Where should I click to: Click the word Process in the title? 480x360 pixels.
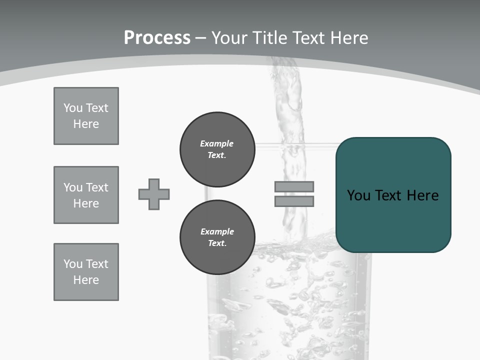pos(157,38)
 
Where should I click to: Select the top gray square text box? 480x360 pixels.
pos(86,116)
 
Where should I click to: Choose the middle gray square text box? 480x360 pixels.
pos(86,195)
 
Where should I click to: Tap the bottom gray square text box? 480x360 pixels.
pos(86,272)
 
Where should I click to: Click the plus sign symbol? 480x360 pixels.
pos(154,194)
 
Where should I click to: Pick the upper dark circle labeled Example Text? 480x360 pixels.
pos(217,149)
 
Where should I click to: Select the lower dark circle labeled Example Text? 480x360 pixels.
pos(217,237)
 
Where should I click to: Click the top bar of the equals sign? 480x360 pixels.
pos(294,186)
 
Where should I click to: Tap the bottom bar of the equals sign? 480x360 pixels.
pos(294,201)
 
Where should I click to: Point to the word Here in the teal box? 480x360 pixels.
pos(422,195)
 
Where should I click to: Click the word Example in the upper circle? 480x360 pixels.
pos(217,143)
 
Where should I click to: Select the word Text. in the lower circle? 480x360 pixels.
pos(217,243)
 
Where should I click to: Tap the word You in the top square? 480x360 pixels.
pos(72,108)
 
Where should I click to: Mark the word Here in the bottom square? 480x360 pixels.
pos(86,280)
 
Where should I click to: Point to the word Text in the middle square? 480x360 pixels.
pos(97,187)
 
